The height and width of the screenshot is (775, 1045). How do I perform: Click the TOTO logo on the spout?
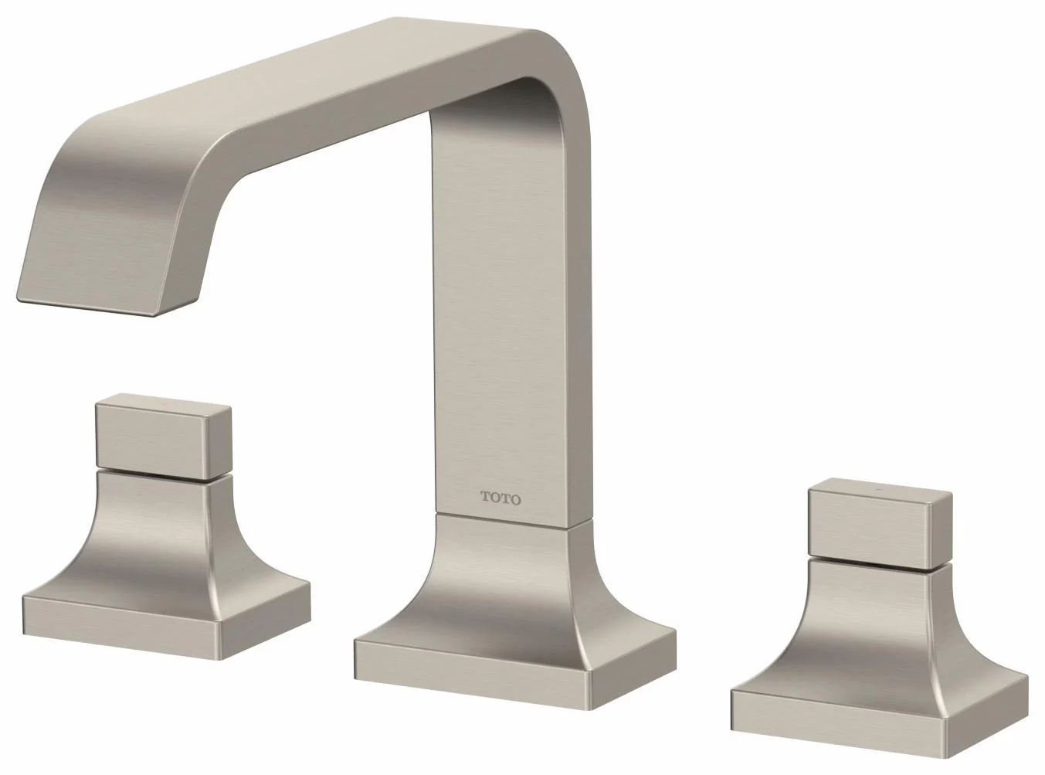(x=500, y=498)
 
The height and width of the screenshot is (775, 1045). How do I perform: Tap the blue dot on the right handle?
(x=877, y=491)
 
